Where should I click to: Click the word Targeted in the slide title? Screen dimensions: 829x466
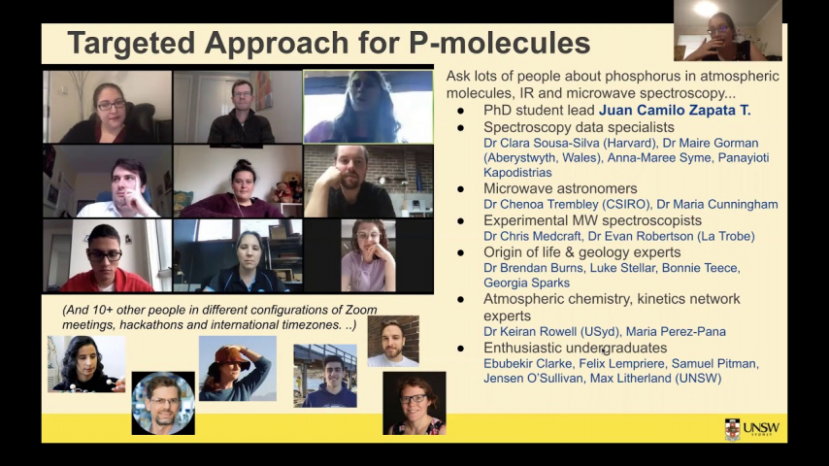pos(131,43)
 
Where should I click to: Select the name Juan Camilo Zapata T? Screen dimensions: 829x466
pos(675,110)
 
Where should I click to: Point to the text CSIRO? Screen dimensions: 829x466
pos(630,204)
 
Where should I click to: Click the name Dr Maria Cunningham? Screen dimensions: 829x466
pos(717,204)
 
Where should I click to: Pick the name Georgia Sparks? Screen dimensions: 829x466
pos(526,283)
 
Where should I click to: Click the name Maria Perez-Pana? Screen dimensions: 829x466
pos(676,332)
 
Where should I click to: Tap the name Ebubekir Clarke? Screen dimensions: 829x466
pos(528,364)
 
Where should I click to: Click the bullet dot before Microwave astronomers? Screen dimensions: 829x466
pos(461,189)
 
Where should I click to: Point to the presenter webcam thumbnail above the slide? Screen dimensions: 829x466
pos(727,30)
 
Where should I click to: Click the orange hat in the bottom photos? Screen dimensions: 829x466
pos(232,357)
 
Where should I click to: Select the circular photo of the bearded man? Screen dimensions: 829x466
pos(163,403)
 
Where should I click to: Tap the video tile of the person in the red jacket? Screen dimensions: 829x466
pos(108,256)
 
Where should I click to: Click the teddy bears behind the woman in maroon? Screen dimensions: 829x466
pos(288,186)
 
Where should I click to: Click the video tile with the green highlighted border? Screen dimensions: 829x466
pos(368,107)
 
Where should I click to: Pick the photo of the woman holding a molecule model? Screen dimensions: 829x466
pos(86,364)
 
